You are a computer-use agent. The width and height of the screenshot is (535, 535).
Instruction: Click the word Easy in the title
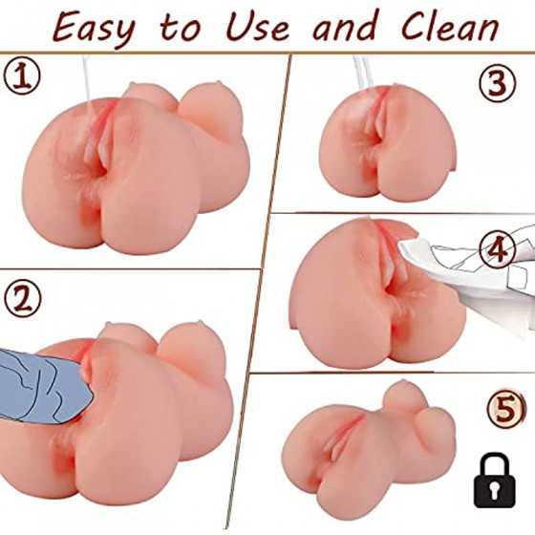click(94, 29)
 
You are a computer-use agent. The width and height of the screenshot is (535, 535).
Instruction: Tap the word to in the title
click(180, 28)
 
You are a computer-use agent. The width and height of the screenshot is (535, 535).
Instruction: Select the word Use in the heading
click(258, 27)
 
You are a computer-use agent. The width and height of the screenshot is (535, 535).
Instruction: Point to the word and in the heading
click(345, 27)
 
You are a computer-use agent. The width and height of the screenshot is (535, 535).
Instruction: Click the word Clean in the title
click(450, 27)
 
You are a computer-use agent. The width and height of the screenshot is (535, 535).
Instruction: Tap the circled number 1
click(22, 77)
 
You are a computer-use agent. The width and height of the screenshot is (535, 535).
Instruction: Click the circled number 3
click(498, 84)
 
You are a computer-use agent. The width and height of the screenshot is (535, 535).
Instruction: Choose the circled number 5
click(505, 409)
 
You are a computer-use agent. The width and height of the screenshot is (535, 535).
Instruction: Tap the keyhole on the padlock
click(495, 487)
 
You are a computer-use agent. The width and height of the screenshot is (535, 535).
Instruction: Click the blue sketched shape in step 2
click(41, 386)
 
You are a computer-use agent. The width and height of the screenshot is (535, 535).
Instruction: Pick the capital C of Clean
click(415, 27)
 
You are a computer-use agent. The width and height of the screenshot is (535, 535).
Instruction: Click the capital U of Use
click(241, 27)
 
